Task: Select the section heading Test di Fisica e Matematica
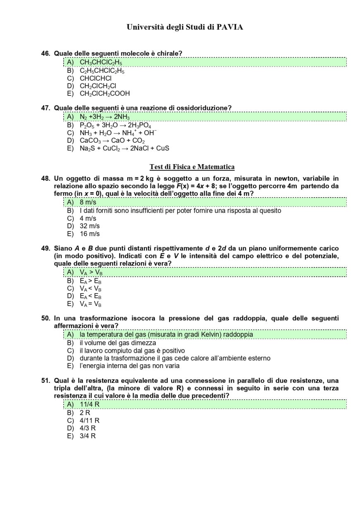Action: (x=192, y=167)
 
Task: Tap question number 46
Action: (x=46, y=53)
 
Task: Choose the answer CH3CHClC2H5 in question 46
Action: (x=101, y=62)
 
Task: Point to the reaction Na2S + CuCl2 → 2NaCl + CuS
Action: (x=124, y=148)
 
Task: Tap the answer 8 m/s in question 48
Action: (x=88, y=202)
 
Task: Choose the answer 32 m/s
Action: (x=89, y=226)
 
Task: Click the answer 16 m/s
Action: (x=89, y=234)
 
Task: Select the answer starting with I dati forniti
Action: (x=180, y=211)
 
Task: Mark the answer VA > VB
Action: (x=91, y=272)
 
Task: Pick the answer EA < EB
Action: (x=91, y=296)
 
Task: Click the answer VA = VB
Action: (x=91, y=304)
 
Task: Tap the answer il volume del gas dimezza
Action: (x=118, y=343)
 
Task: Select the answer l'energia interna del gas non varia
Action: (x=129, y=366)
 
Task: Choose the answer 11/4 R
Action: (x=89, y=404)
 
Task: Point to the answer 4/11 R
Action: (x=89, y=421)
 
